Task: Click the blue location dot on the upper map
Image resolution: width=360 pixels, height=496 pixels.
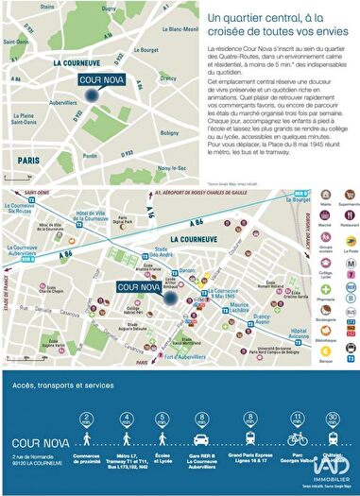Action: pos(91,94)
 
